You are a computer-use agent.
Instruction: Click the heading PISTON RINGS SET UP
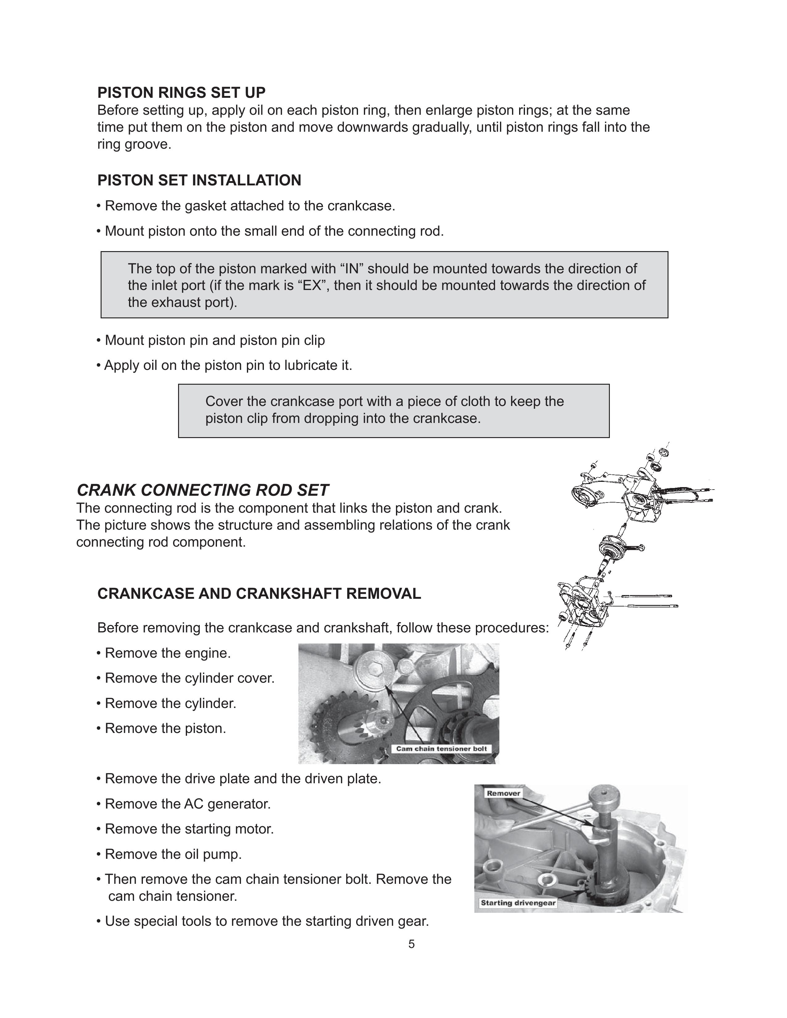[x=181, y=93]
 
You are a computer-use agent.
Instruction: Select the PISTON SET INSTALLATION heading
[x=199, y=180]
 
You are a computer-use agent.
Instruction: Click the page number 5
[x=411, y=944]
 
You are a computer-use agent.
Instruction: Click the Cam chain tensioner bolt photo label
[x=441, y=749]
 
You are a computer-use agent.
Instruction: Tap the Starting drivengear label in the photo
[x=518, y=903]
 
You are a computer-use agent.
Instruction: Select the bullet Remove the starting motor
[x=189, y=829]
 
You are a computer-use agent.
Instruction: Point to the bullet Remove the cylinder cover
[x=189, y=678]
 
